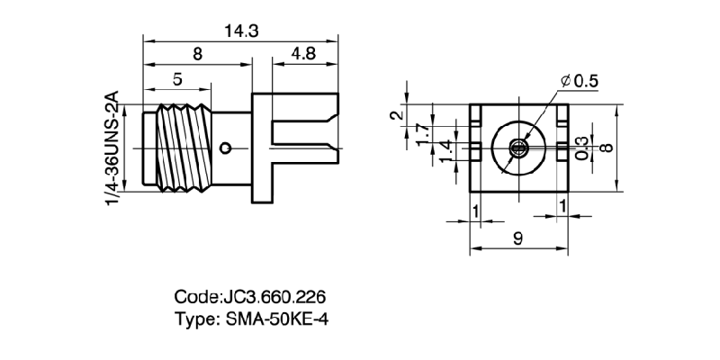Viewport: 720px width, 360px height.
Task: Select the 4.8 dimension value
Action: pyautogui.click(x=303, y=54)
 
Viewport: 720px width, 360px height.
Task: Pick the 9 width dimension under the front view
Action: pyautogui.click(x=517, y=239)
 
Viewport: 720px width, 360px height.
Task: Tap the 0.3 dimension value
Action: pyautogui.click(x=582, y=147)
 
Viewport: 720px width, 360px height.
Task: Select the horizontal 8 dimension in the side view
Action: pyautogui.click(x=196, y=54)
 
